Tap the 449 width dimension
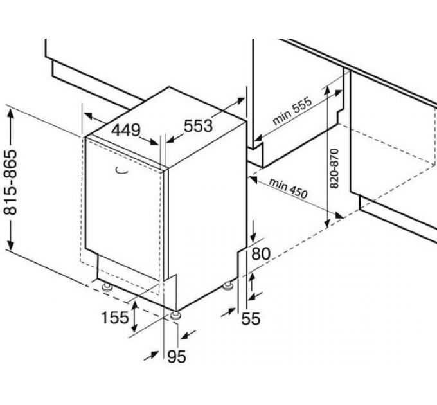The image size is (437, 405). (x=126, y=130)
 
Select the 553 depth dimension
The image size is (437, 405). (x=198, y=126)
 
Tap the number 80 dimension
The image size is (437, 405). (x=260, y=254)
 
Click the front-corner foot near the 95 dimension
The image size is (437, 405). (x=175, y=315)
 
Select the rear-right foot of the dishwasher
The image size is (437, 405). (x=228, y=285)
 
